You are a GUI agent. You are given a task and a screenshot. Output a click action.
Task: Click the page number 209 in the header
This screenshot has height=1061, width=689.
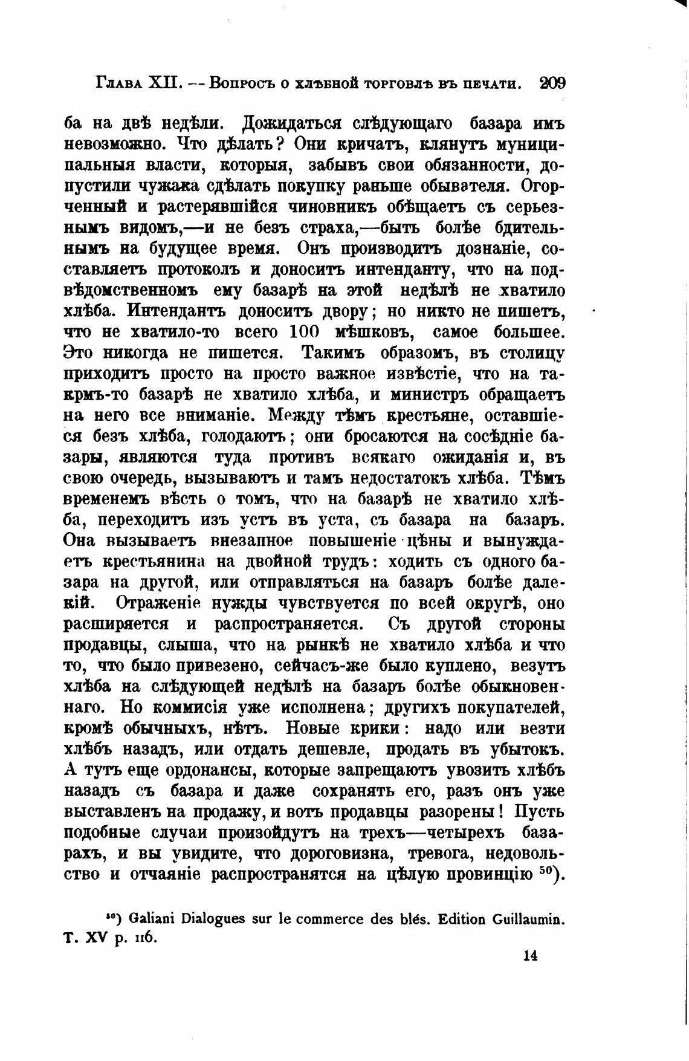click(552, 83)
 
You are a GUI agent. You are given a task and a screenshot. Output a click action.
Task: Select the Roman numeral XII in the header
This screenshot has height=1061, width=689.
click(167, 83)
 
